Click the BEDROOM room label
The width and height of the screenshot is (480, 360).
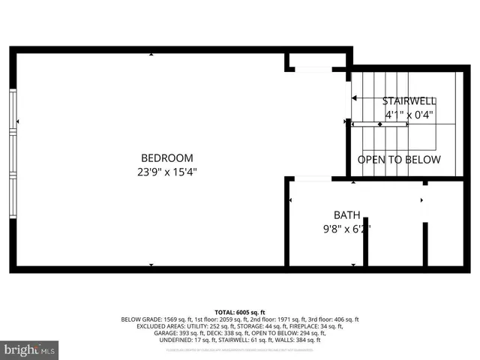167,158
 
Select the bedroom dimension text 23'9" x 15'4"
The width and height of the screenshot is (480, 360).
167,172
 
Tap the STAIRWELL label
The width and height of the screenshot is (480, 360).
408,101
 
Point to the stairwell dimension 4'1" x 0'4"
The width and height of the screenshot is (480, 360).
409,115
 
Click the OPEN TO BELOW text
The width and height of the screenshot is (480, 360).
399,160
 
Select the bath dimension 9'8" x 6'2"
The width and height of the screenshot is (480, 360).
346,229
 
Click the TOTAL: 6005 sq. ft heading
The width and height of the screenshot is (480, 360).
240,312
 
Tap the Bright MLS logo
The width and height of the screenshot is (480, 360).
30,349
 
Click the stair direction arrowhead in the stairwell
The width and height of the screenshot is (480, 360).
355,98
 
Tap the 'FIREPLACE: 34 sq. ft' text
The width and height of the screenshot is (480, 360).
317,326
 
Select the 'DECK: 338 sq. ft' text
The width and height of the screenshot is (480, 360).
229,333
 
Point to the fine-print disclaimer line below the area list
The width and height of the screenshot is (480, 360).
240,349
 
